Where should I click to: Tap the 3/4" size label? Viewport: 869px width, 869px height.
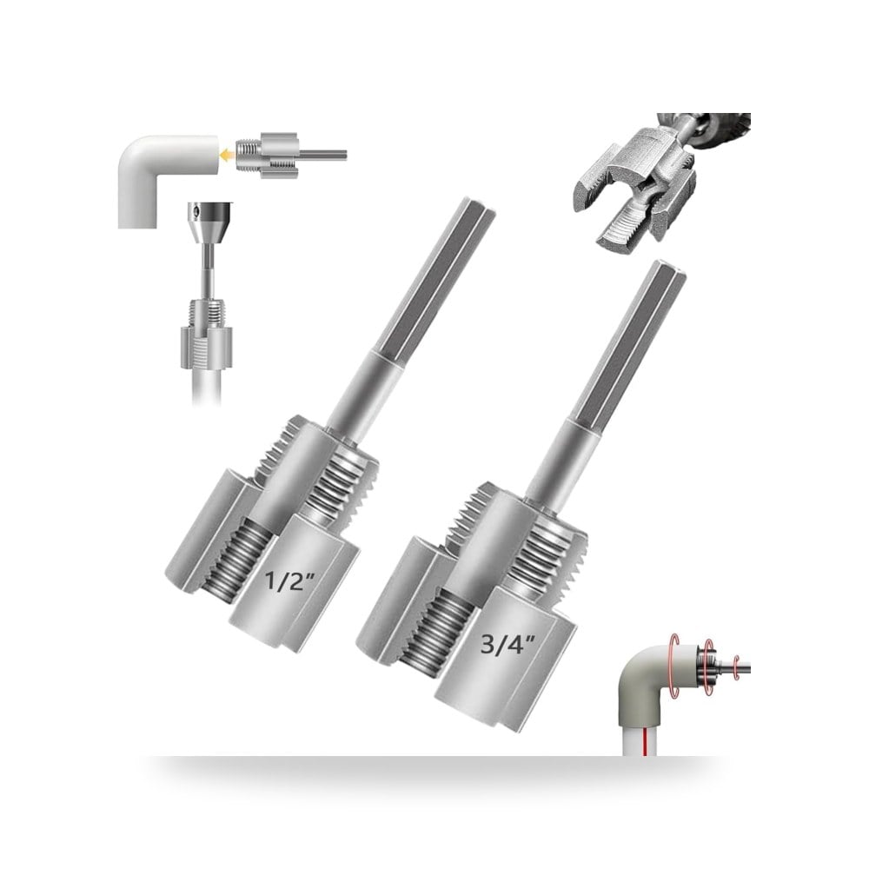pos(507,643)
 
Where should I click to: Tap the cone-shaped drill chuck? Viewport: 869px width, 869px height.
pos(210,222)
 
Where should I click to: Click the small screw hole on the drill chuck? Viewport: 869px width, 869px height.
pos(194,210)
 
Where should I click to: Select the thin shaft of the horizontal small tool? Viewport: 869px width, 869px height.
pos(323,156)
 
